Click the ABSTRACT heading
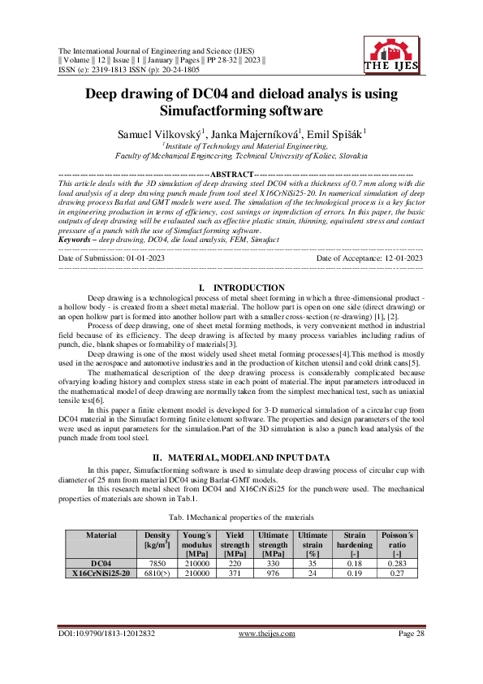click(x=231, y=174)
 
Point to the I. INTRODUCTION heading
click(x=241, y=288)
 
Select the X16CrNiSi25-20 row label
click(x=101, y=572)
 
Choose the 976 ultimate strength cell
click(x=273, y=572)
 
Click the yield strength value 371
click(x=235, y=572)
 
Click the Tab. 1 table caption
click(x=241, y=517)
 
